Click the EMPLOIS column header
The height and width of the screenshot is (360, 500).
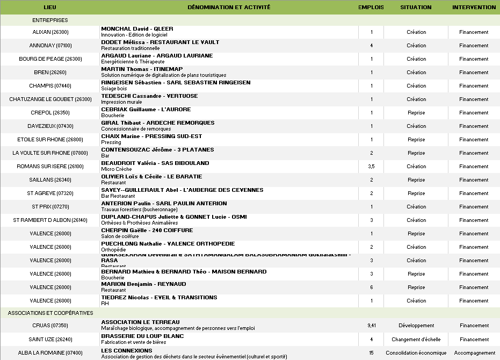pyautogui.click(x=371, y=8)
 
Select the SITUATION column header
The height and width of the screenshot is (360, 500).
pyautogui.click(x=416, y=8)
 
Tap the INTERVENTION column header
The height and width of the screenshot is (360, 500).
pyautogui.click(x=474, y=8)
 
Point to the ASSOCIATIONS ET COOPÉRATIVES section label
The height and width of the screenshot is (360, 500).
pyautogui.click(x=50, y=313)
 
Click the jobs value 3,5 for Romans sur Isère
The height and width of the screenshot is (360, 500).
pyautogui.click(x=371, y=167)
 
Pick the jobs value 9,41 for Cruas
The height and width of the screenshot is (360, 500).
pyautogui.click(x=371, y=326)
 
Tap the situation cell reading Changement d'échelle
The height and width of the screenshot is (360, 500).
pyautogui.click(x=416, y=340)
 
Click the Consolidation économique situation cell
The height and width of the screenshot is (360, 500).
pyautogui.click(x=416, y=353)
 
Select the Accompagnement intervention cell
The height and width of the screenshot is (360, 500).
pyautogui.click(x=474, y=353)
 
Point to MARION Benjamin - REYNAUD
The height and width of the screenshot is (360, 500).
pyautogui.click(x=143, y=284)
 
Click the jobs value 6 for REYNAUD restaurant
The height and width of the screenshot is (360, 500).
pyautogui.click(x=371, y=287)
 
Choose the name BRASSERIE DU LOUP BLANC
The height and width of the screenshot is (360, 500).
pyautogui.click(x=142, y=336)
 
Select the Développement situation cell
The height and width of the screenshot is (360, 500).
pyautogui.click(x=416, y=326)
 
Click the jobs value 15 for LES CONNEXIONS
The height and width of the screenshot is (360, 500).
pyautogui.click(x=371, y=353)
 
